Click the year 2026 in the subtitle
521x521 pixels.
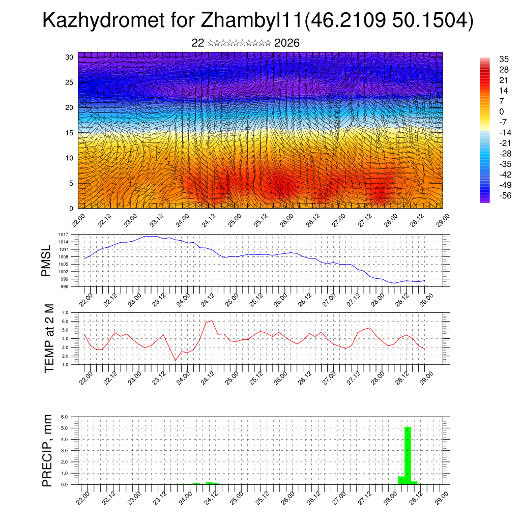click(x=286, y=43)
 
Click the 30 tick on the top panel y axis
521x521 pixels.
click(x=70, y=57)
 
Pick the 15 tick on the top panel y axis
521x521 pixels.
click(x=70, y=133)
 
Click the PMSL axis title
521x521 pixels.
click(x=47, y=260)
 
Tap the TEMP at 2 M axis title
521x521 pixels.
click(x=49, y=338)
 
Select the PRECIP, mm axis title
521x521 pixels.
click(x=47, y=450)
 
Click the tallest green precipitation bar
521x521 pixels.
click(x=408, y=455)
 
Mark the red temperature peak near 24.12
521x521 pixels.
click(x=212, y=321)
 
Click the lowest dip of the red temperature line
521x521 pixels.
click(x=176, y=361)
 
